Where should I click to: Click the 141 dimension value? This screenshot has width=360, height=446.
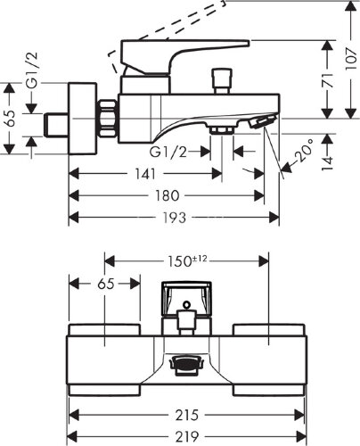pos(145,174)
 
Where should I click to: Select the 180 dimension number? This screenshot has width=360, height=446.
pos(168,195)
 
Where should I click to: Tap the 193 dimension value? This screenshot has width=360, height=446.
pos(175,218)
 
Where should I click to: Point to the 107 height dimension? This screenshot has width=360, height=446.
pos(351,59)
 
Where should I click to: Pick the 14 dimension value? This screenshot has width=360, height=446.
pos(327,164)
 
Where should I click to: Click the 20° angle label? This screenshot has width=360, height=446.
pos(304,151)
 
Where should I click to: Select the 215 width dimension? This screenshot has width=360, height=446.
pos(186,415)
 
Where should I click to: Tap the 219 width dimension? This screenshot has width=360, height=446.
pos(186,437)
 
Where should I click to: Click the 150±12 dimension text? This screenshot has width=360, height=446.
pos(187,261)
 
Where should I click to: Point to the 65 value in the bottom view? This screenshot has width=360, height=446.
pos(106,284)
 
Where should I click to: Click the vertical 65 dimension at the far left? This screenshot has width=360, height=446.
pos(11,119)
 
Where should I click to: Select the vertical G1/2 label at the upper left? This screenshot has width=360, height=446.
pos(32,70)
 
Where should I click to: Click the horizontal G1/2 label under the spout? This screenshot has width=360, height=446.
pos(168,153)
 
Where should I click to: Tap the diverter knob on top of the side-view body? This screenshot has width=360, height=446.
pos(221,81)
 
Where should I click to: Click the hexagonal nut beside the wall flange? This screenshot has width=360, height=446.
pos(107,119)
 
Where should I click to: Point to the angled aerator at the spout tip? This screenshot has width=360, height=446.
pos(263,122)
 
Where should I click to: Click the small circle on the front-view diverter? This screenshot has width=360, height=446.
pos(187,304)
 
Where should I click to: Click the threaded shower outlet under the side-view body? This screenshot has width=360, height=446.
pos(222,130)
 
